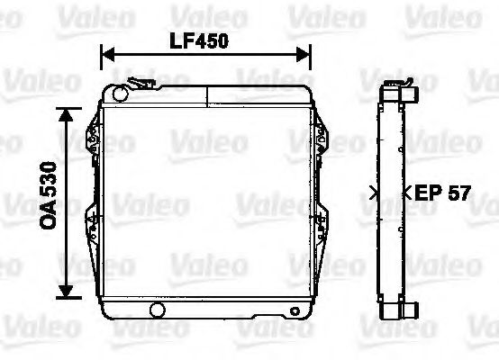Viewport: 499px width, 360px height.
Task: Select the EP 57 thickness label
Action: pos(436,192)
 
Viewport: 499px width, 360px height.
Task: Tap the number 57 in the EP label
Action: pos(456,192)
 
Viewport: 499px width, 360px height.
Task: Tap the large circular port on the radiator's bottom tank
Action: pos(159,311)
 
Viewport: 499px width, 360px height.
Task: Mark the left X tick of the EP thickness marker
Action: pos(374,191)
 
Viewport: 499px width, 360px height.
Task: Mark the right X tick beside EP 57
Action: pos(406,191)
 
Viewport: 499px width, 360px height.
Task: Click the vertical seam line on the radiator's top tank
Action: pos(206,94)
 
